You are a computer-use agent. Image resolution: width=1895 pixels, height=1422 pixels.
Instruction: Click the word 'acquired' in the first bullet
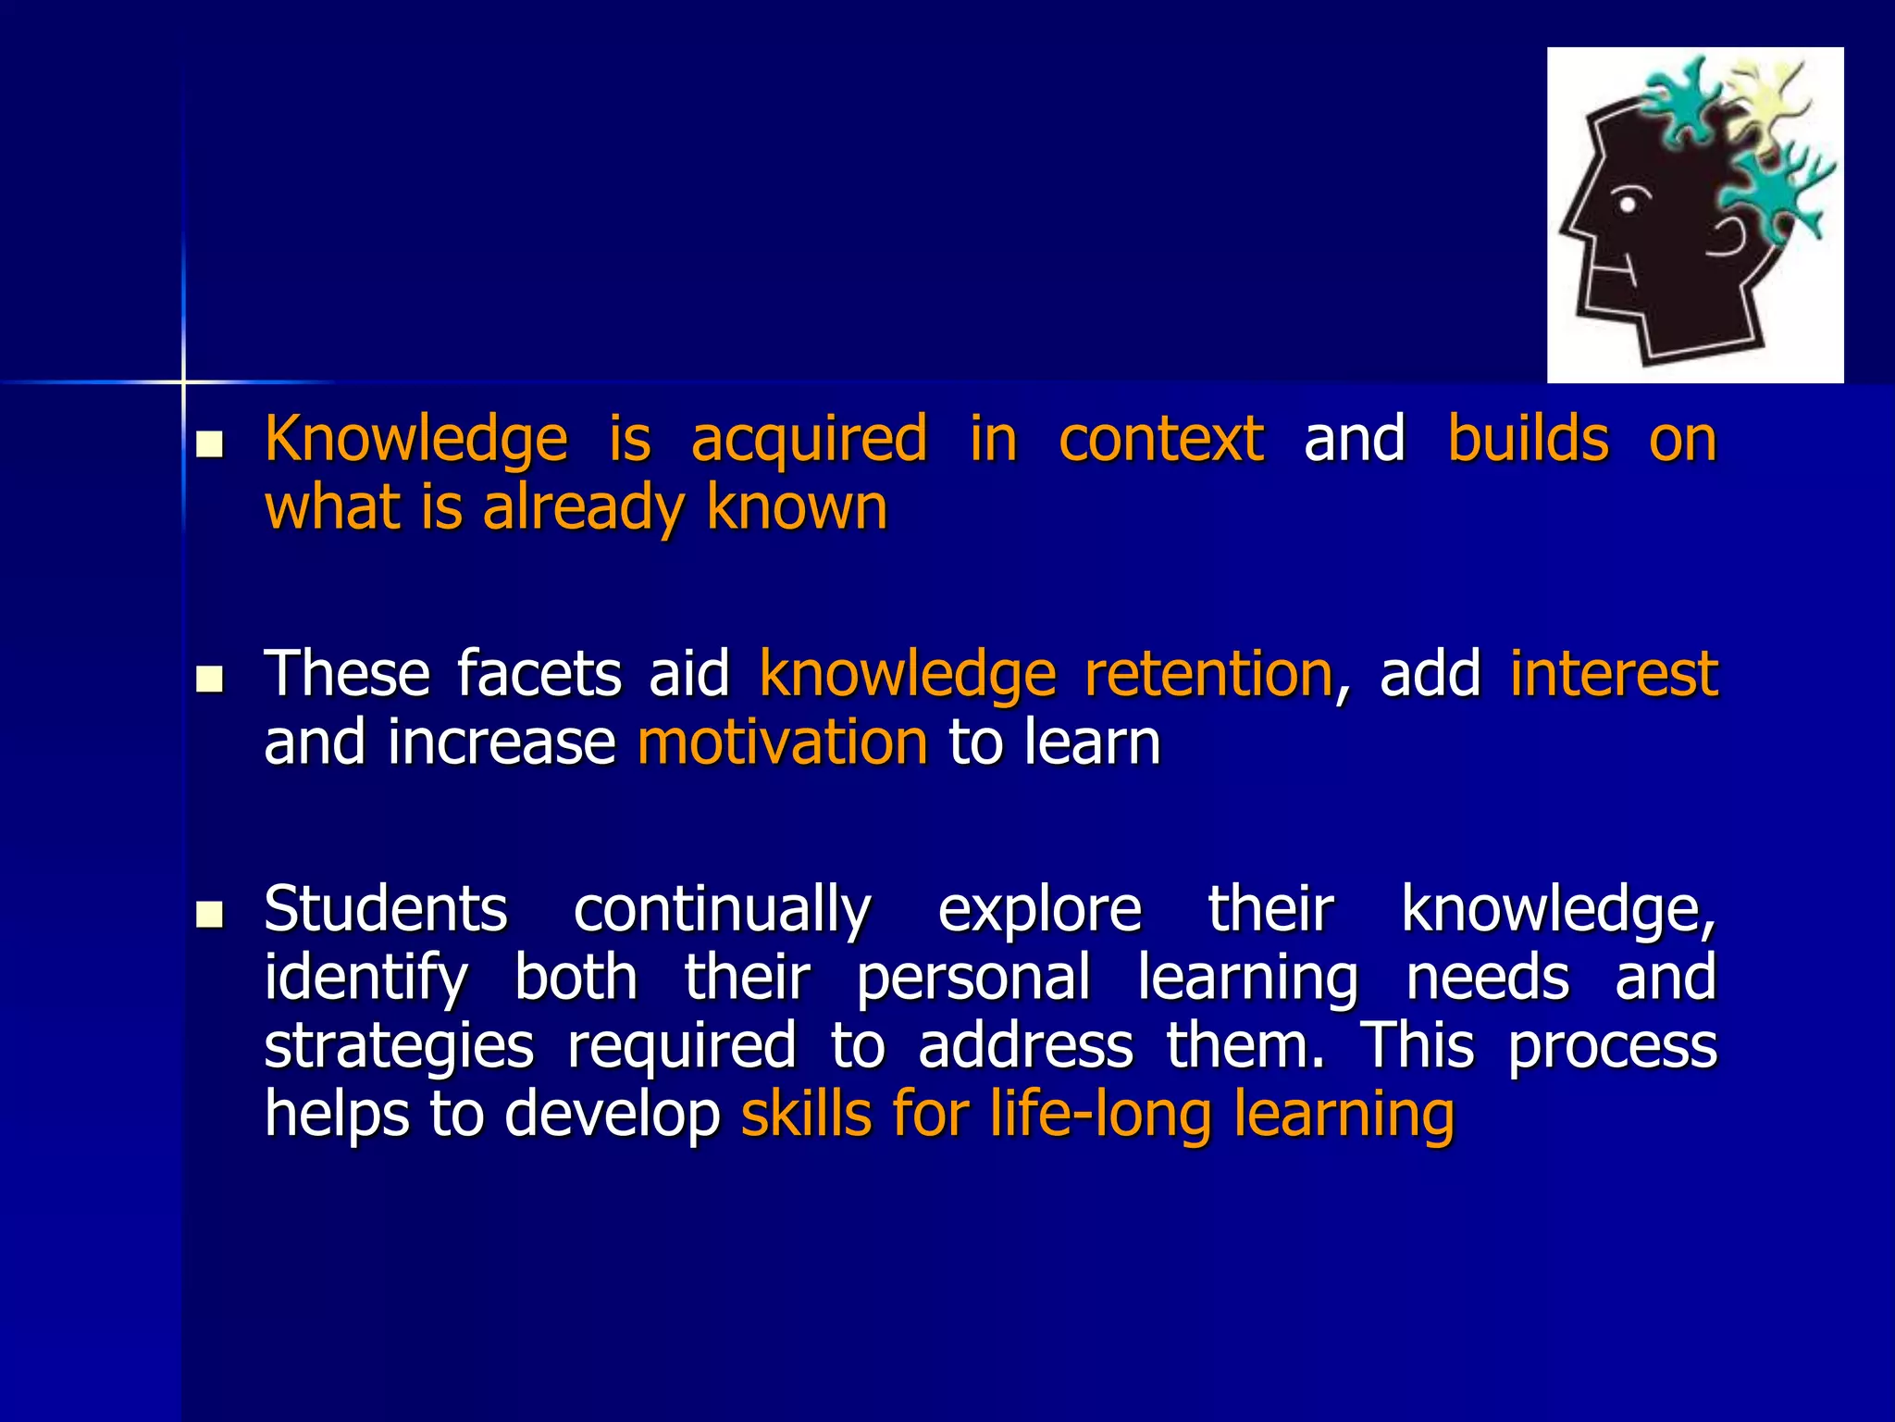[x=809, y=440]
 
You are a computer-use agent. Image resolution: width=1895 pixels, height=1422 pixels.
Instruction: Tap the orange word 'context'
[x=1161, y=438]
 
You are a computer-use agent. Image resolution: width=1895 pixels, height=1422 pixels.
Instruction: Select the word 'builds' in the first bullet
[x=1528, y=438]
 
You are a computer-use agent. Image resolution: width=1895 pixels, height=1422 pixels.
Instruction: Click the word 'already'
[x=583, y=509]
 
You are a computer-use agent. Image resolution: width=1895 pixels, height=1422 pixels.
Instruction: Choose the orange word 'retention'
[x=1208, y=673]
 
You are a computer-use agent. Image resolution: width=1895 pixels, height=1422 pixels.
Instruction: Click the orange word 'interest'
[x=1614, y=673]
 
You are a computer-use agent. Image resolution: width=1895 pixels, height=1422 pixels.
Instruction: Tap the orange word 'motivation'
[x=783, y=742]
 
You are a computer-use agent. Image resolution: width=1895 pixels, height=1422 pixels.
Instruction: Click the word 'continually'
[x=722, y=910]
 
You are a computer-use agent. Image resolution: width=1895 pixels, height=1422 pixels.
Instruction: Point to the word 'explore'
[x=1040, y=910]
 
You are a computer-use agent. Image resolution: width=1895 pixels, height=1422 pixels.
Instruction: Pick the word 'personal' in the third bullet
[x=973, y=979]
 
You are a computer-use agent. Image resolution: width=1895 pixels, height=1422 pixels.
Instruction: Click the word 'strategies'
[x=399, y=1047]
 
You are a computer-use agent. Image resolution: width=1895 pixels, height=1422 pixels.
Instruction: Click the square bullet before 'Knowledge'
[x=210, y=446]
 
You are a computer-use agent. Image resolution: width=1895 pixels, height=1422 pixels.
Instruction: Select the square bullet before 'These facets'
[x=210, y=681]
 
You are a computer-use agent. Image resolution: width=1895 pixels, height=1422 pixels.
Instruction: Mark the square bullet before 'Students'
[x=210, y=917]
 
